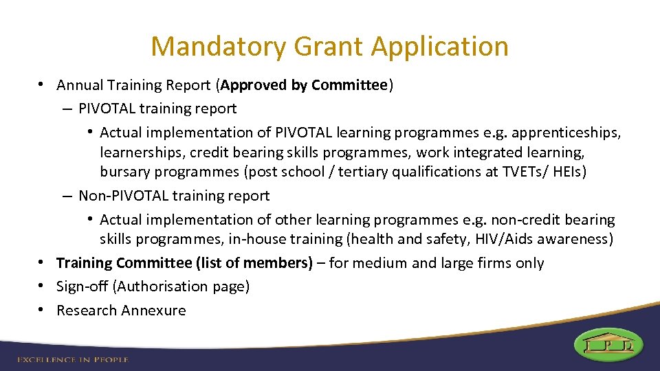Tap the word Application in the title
click(x=441, y=47)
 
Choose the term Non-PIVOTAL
click(x=123, y=196)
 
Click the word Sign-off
click(x=81, y=286)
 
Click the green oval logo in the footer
click(x=609, y=344)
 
